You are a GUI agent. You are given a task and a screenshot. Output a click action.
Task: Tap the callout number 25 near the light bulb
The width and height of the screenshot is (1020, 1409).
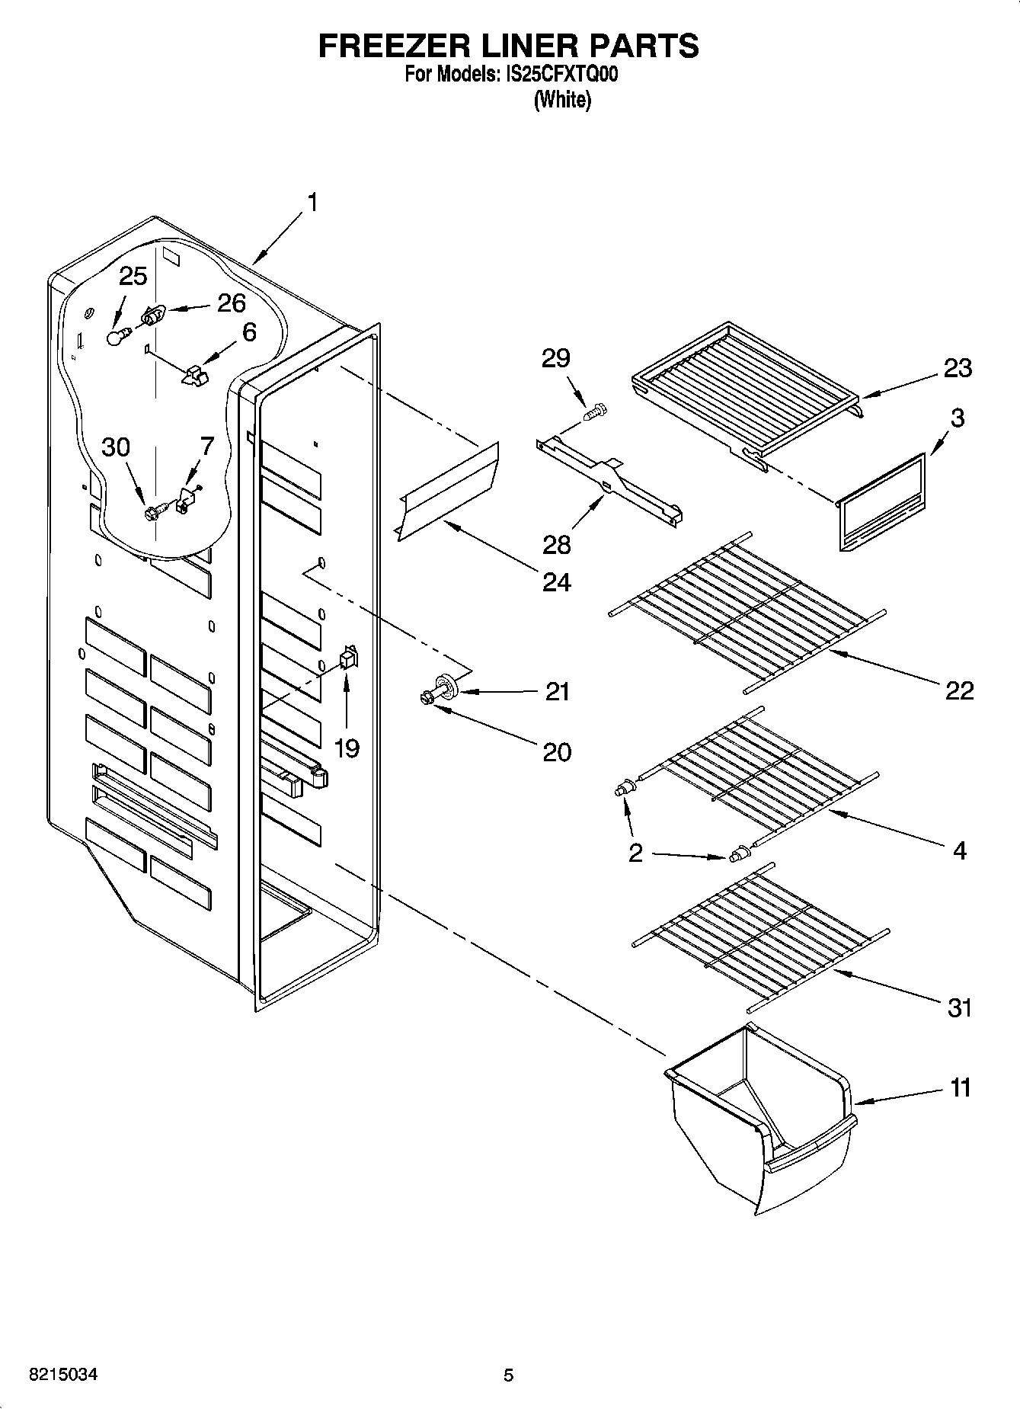(133, 276)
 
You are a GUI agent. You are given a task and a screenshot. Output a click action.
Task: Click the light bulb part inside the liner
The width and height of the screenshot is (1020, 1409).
(116, 336)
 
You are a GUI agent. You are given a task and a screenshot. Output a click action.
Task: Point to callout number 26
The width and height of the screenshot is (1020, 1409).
(232, 303)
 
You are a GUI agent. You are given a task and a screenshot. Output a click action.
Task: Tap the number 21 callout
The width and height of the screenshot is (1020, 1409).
(557, 691)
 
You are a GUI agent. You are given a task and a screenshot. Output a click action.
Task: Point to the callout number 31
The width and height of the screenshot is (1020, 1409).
(960, 1007)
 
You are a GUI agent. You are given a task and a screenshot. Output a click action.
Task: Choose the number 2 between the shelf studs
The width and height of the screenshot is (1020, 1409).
(635, 853)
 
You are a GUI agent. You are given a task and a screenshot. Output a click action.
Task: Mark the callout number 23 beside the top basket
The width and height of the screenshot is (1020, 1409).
(958, 368)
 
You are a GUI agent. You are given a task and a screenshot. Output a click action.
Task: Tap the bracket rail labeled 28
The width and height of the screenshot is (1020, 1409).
(609, 483)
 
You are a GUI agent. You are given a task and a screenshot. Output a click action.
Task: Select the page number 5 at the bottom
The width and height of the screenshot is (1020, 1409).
(508, 1375)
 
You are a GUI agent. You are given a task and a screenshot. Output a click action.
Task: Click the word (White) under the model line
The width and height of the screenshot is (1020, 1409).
(562, 100)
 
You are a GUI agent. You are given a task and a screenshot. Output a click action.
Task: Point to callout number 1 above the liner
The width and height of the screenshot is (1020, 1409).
(311, 202)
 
